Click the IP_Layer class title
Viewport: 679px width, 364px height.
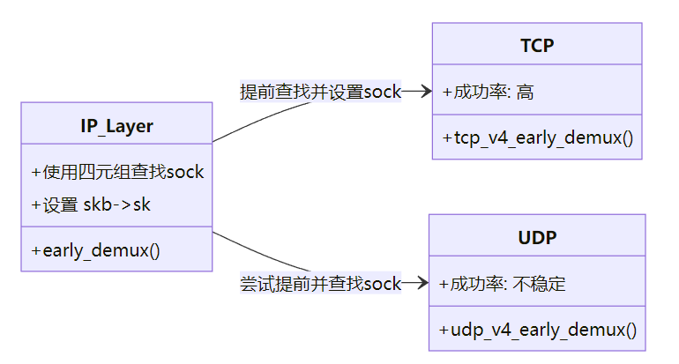(116, 126)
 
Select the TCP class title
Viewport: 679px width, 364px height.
(536, 46)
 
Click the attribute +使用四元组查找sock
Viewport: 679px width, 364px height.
(117, 172)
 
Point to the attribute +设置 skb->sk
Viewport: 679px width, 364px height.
(91, 204)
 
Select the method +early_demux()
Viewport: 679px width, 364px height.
(95, 249)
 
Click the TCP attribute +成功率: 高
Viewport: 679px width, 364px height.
(488, 91)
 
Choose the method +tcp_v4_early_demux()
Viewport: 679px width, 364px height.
(537, 138)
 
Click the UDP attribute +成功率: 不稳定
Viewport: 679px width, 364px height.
(502, 284)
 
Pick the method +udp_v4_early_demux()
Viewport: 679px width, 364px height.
(537, 331)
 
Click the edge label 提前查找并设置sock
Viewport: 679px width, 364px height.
(320, 92)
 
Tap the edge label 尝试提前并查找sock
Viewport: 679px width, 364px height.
(320, 284)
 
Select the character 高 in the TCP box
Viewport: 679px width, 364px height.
(525, 91)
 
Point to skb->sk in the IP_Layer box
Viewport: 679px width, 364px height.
(117, 204)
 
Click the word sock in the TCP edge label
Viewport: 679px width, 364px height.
(384, 92)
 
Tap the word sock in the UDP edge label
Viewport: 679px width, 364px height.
(384, 284)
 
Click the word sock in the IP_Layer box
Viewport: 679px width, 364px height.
(185, 172)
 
